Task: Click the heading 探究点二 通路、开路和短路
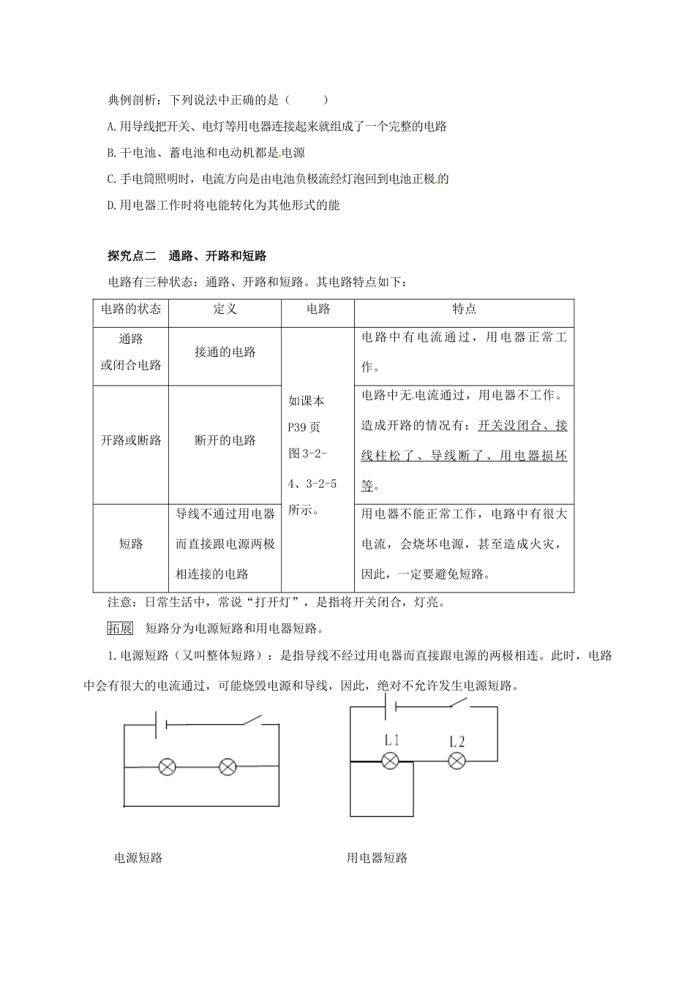click(187, 256)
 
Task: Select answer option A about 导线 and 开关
click(277, 126)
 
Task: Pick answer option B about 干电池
click(206, 153)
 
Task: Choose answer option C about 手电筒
click(277, 178)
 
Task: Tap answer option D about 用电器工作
click(223, 205)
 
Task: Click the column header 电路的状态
click(131, 309)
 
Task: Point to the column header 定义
click(225, 309)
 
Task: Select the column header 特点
click(464, 309)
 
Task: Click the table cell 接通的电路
click(225, 353)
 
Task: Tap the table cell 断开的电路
click(225, 440)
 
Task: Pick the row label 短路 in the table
click(131, 543)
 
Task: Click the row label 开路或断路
click(131, 440)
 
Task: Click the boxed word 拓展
click(120, 628)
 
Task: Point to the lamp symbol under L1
click(391, 761)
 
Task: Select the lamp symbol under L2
click(457, 761)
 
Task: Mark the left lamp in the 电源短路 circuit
click(168, 767)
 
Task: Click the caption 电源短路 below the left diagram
click(138, 858)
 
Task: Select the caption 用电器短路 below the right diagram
click(377, 858)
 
